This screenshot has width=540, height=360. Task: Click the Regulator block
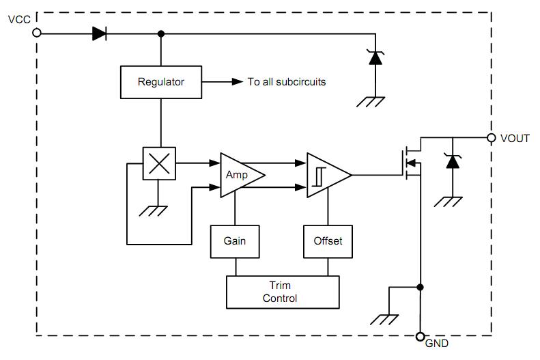161,82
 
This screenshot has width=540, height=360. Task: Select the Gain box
235,242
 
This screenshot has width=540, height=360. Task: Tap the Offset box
328,242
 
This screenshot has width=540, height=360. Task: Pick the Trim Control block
283,292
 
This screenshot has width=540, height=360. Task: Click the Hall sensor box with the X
159,163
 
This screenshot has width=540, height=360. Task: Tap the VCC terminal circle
37,33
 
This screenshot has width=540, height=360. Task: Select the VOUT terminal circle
492,138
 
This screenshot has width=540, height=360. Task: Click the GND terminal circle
420,336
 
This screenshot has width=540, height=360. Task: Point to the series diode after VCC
100,33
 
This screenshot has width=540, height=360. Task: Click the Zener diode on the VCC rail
375,57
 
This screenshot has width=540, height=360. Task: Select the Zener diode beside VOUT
453,161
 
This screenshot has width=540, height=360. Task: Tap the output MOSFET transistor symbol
412,163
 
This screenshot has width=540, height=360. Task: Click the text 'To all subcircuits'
287,82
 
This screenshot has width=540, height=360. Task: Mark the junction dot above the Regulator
161,33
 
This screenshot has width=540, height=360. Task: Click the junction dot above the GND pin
420,287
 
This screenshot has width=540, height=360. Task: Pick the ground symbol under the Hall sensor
153,211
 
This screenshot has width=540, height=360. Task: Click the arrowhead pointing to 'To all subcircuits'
238,82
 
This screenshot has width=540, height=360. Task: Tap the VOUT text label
515,139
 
